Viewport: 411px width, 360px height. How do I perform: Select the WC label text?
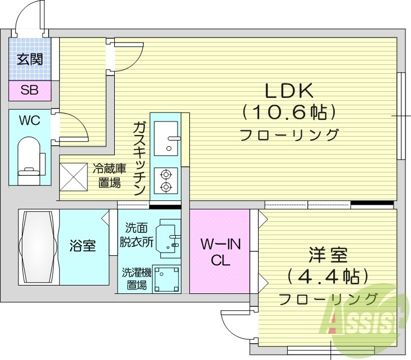(29, 121)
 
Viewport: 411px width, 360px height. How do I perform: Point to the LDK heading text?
(288, 90)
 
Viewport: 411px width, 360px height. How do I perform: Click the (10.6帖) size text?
(289, 113)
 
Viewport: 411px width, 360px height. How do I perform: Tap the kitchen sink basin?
(165, 139)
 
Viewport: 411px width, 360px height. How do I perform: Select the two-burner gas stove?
(165, 180)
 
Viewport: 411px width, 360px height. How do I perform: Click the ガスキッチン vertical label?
(139, 158)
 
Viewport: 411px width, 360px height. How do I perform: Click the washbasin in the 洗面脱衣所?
(167, 238)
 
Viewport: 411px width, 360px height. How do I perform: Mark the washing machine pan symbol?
(166, 278)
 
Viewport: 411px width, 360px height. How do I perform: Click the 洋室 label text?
(328, 256)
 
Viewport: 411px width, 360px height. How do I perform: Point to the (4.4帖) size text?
(328, 277)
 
